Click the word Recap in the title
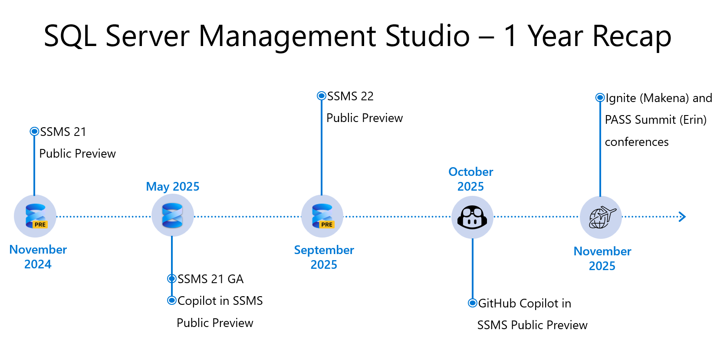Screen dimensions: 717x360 click(631, 36)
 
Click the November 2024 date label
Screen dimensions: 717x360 click(38, 257)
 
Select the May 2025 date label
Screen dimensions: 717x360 click(173, 186)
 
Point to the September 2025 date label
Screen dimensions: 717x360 click(324, 257)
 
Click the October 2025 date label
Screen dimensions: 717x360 click(470, 179)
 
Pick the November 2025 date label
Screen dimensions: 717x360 click(602, 258)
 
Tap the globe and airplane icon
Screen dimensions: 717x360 click(602, 218)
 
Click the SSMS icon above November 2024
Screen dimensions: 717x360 click(36, 216)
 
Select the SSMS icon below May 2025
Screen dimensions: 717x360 click(172, 215)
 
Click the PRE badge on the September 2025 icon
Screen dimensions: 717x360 click(326, 225)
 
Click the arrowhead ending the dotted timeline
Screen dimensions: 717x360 click(682, 217)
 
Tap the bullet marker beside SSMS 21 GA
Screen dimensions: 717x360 click(172, 279)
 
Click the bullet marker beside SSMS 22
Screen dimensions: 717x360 click(321, 96)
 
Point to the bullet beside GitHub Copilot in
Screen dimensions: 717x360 click(473, 303)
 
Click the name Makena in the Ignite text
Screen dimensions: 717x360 click(664, 98)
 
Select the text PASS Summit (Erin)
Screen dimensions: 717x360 click(655, 120)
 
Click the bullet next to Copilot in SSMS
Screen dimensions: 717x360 click(172, 301)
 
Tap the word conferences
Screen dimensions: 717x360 click(637, 142)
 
